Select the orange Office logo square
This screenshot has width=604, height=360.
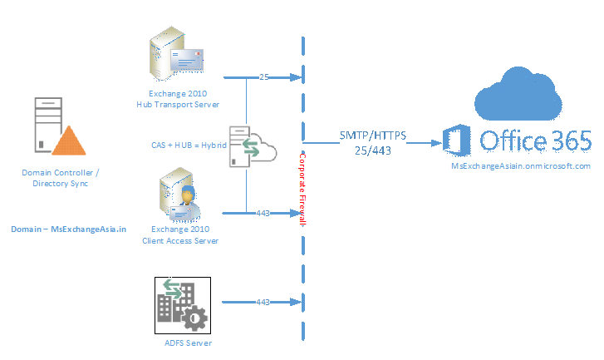pos(457,142)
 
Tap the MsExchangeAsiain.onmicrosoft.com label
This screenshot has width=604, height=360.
pos(520,165)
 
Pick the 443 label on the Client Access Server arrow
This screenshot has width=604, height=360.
pos(263,214)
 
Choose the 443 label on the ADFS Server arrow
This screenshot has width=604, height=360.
pos(263,301)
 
